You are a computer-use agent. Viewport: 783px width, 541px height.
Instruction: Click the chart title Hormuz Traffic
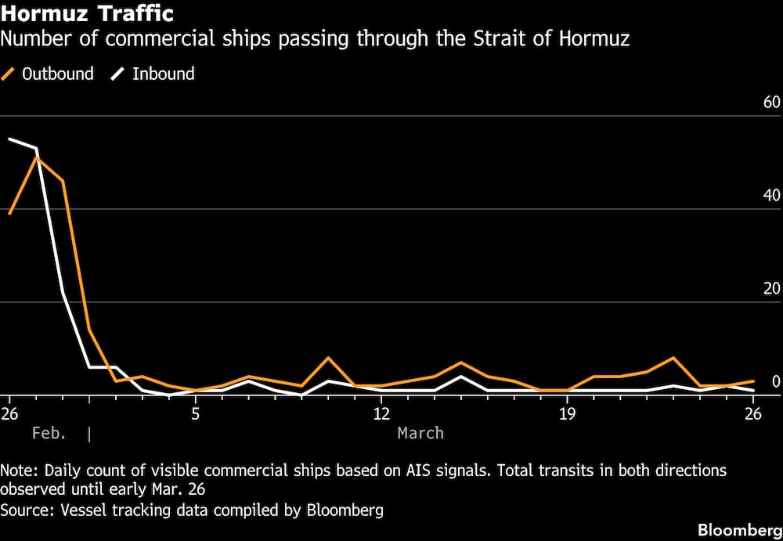click(x=88, y=14)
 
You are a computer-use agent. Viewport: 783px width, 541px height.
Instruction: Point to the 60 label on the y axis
click(x=771, y=103)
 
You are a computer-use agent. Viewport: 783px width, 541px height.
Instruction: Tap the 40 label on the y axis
click(x=771, y=196)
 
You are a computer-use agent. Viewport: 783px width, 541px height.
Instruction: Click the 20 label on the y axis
click(x=771, y=289)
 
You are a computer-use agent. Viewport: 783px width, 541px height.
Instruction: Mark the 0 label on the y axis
click(x=776, y=382)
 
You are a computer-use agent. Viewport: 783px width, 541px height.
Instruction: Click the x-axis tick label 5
click(x=196, y=413)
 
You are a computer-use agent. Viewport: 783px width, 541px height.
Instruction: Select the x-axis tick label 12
click(x=381, y=413)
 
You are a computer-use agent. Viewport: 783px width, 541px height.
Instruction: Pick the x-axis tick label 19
click(x=567, y=413)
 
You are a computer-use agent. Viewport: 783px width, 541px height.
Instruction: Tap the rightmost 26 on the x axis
click(x=752, y=413)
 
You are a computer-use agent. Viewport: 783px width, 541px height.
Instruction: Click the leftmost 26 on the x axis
click(x=9, y=413)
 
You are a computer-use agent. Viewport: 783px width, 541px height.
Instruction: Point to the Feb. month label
click(x=49, y=433)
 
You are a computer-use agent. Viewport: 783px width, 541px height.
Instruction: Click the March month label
click(x=420, y=433)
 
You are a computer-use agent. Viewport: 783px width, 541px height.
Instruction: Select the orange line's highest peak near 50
click(x=36, y=157)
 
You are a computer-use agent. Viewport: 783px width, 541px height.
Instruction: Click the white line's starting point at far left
click(x=9, y=139)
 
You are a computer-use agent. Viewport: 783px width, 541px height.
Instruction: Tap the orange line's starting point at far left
click(x=9, y=213)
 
